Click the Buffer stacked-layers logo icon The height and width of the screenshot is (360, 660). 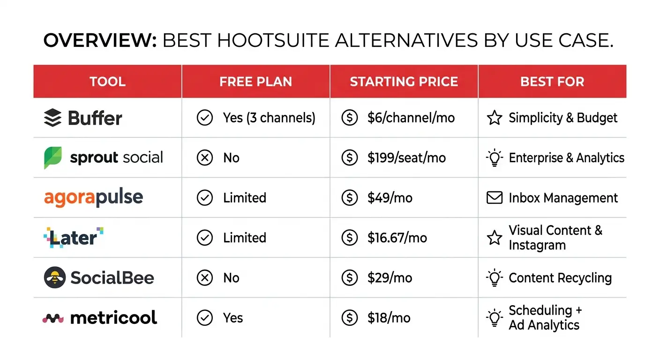[x=52, y=118]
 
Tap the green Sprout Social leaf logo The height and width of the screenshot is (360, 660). [x=52, y=157]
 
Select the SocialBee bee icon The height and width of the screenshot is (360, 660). [x=54, y=277]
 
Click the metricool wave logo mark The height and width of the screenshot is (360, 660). [x=53, y=318]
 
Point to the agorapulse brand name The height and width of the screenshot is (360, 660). [x=93, y=198]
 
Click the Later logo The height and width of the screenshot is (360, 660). [x=73, y=237]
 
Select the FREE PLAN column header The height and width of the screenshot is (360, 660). [x=255, y=82]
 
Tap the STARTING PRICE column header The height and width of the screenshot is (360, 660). [x=404, y=82]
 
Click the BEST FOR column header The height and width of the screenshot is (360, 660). [x=552, y=82]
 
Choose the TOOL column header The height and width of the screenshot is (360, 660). [x=107, y=82]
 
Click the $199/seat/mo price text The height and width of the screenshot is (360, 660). [x=406, y=157]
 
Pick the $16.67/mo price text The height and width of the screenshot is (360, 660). [x=397, y=238]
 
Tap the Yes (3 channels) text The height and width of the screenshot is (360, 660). [x=269, y=118]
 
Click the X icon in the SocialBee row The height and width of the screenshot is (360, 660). [x=204, y=278]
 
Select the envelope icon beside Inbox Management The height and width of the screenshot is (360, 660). [x=495, y=198]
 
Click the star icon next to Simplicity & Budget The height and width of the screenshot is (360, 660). [x=495, y=118]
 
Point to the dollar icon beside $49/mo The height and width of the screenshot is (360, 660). [x=349, y=198]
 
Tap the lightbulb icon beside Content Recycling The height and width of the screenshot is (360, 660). [x=495, y=277]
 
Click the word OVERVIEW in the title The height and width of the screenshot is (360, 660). [x=99, y=41]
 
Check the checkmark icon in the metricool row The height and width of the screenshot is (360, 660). [x=204, y=318]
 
